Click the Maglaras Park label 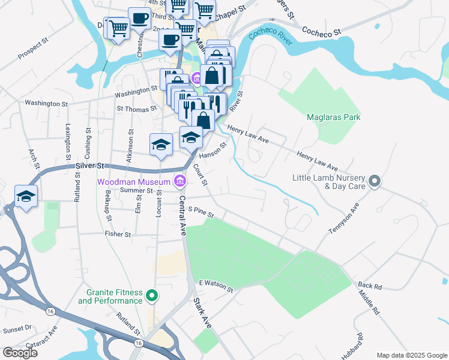333,117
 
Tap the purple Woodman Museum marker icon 179,181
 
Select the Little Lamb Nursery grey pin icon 375,181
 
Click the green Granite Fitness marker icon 152,295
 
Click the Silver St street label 90,166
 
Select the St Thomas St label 136,109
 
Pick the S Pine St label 201,209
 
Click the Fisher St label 118,235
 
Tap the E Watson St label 215,286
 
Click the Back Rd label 369,286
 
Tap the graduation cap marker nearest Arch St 26,197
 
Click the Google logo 20,353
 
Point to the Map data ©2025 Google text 411,355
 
